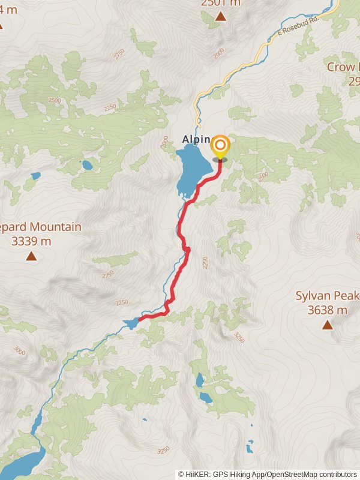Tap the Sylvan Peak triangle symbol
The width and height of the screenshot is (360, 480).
click(x=327, y=325)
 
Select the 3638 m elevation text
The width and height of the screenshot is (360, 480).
click(x=327, y=310)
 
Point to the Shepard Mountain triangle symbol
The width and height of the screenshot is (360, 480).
click(x=30, y=257)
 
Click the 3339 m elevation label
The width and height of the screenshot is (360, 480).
click(x=31, y=242)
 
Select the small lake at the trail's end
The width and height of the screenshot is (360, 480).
click(x=131, y=324)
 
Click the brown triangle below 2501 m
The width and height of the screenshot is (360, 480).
click(x=221, y=16)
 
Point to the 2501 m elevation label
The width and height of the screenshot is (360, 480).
click(x=221, y=3)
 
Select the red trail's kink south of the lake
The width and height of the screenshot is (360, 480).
click(x=187, y=250)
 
